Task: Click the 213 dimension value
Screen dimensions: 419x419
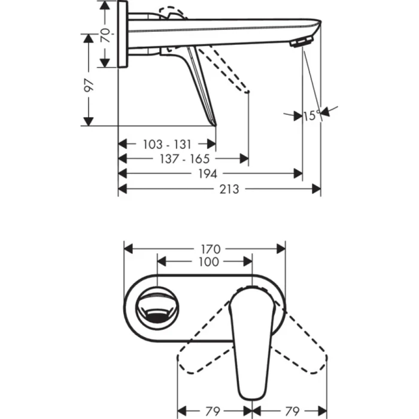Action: point(229,189)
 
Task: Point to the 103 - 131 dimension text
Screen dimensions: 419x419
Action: point(167,144)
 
